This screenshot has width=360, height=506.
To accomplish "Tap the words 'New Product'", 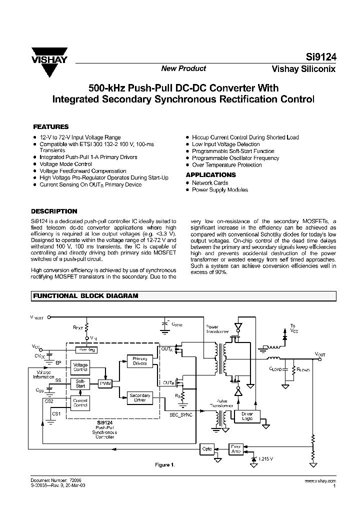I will pos(183,68).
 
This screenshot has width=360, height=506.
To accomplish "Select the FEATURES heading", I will pos(50,127).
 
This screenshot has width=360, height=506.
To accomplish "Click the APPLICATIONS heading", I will pos(210,175).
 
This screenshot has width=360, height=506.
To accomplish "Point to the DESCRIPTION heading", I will pos(54,211).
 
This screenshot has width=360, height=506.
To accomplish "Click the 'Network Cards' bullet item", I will pos(210,183).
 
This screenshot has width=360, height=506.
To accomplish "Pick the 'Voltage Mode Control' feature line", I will pos(65,164).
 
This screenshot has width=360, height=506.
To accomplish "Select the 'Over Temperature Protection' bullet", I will pos(226,165).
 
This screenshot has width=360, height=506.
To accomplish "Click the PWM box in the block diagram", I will pos(105,383).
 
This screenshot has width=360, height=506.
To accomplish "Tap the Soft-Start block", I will pos(80,383).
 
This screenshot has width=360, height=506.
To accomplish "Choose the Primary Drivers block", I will pos(139,361).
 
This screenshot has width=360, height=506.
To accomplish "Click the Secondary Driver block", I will pos(139,398).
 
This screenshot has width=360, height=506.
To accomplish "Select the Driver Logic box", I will pos(246,416).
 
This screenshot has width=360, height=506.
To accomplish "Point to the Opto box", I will pos(206,448).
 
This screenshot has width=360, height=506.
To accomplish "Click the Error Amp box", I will pos(236,448).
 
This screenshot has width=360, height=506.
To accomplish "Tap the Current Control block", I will pos(80,402).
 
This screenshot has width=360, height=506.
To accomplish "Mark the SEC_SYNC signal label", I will pos(181,415).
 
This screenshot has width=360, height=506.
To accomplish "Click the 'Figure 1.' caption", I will pos(164,465).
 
